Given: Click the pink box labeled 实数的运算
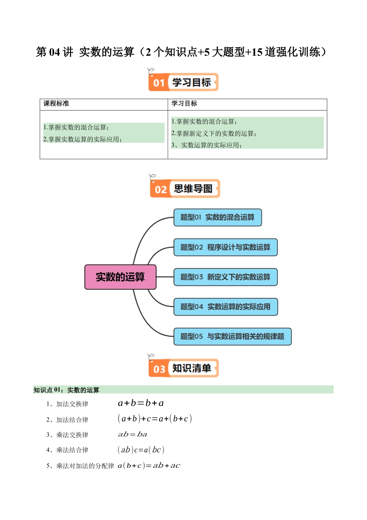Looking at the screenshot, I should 120,277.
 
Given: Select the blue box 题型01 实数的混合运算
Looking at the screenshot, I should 217,217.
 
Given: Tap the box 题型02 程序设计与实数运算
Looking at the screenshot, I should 225,247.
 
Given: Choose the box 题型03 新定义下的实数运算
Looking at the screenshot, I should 225,277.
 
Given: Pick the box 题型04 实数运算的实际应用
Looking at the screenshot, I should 225,307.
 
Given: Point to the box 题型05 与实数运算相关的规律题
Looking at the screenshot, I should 232,337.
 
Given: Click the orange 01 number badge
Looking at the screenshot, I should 159,83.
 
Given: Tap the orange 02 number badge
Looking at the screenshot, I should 160,190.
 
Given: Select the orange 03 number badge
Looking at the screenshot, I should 159,369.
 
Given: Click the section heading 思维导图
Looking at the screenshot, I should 193,189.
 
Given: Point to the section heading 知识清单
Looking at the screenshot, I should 192,368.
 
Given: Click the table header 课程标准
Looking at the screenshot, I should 56,104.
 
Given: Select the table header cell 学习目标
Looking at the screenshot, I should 184,104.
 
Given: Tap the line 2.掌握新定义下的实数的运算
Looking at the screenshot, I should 214,133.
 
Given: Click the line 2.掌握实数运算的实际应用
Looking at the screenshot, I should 82,139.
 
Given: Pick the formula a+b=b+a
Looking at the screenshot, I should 141,403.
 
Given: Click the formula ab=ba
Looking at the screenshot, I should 133,434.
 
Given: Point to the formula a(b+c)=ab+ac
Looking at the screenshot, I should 149,465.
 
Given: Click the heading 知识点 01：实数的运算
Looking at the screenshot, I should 66,390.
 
